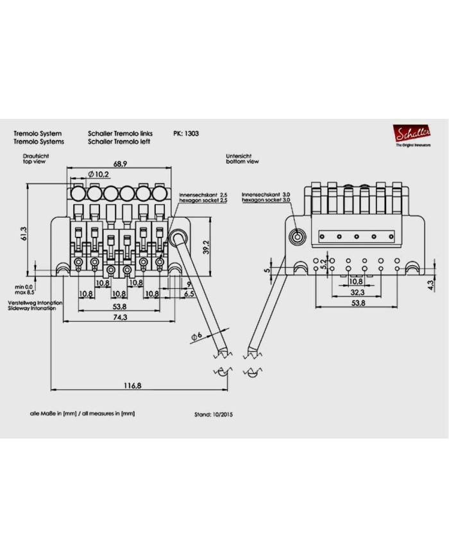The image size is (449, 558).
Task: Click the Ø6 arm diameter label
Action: click(198, 336)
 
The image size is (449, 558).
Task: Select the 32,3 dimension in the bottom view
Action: click(358, 292)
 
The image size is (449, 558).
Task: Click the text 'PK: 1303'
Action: click(185, 134)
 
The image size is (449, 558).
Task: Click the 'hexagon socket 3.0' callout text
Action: click(267, 201)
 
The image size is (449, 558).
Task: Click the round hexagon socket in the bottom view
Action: click(297, 237)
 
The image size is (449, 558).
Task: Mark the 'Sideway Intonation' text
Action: click(31, 308)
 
